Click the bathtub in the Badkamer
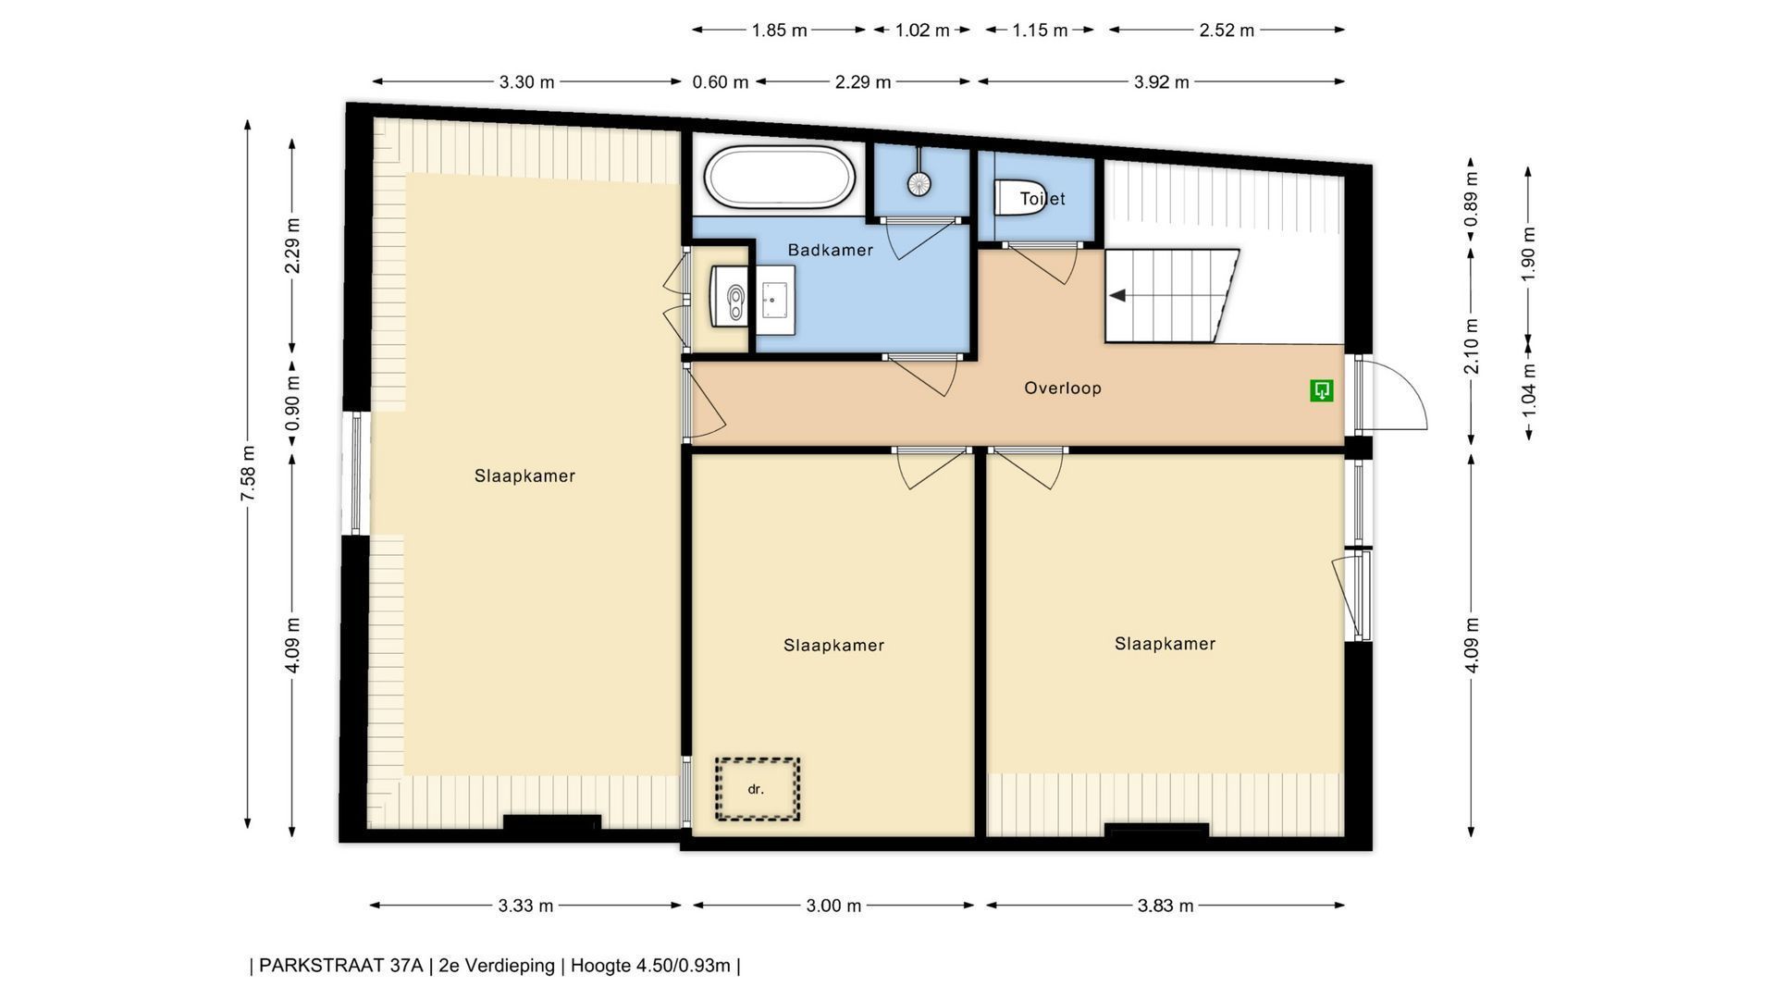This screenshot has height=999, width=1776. [779, 178]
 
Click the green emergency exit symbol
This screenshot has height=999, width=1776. [1322, 390]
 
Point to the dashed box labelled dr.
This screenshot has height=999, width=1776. [757, 789]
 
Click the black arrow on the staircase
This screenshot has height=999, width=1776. [1117, 295]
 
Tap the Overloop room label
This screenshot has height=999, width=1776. [1063, 388]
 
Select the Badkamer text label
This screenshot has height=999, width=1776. [831, 250]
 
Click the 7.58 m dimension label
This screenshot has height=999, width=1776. [248, 474]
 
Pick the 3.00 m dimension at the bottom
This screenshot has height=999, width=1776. [833, 906]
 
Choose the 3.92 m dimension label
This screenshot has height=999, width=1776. [1162, 82]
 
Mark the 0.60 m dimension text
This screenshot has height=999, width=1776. [721, 82]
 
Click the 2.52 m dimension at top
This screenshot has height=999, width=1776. [1227, 31]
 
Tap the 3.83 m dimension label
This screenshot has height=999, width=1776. [1165, 906]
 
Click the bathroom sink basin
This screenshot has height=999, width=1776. [775, 300]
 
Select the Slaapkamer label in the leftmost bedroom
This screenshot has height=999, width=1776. [524, 476]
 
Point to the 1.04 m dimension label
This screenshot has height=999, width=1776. [1528, 388]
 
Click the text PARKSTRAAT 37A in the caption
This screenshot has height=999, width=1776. [340, 966]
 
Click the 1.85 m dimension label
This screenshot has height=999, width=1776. [779, 31]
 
